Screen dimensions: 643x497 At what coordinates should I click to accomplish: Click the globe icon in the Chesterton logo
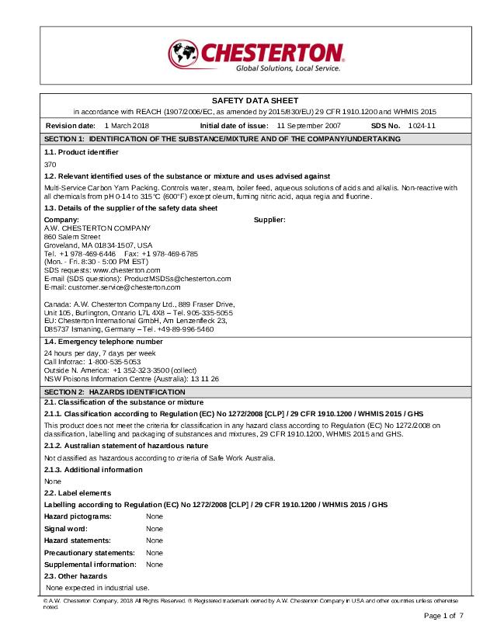tap(184, 54)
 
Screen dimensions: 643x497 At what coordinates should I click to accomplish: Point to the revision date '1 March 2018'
tap(127, 125)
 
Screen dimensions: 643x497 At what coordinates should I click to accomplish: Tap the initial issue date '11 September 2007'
tap(308, 125)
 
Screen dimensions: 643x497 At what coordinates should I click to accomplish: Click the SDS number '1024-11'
tap(422, 125)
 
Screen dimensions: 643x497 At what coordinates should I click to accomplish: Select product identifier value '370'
tap(50, 165)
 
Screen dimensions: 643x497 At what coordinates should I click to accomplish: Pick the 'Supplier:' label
tap(270, 220)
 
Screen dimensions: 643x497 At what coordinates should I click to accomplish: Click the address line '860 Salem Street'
tap(72, 236)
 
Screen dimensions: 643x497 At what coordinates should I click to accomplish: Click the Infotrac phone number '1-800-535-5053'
tap(114, 362)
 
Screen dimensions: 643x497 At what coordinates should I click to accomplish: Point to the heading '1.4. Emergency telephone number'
tap(103, 342)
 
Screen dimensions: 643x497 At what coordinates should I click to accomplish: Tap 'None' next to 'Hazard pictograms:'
tap(155, 516)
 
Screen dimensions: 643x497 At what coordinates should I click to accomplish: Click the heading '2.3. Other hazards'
tap(75, 576)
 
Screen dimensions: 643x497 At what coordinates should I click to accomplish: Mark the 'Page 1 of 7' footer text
tap(443, 616)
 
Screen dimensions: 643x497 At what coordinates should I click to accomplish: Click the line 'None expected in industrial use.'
tap(97, 588)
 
